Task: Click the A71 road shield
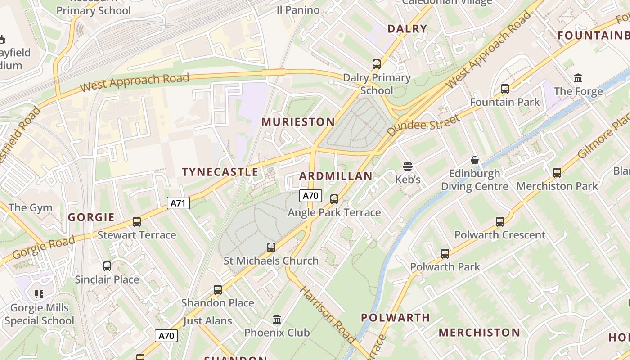pos(179,203)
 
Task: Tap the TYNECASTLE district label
pos(220,172)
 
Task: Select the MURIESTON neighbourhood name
pos(298,122)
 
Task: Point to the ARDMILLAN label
pos(336,176)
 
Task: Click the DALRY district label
pos(407,29)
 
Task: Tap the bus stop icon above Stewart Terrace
pos(137,222)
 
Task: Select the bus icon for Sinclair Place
pos(107,266)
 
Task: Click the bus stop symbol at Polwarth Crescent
pos(500,222)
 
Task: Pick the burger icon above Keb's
pos(408,166)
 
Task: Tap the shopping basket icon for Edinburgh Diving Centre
pos(474,160)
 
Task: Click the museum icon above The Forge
pos(578,78)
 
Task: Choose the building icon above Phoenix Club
pos(277,319)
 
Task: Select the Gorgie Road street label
pos(43,248)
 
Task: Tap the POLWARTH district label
pos(396,318)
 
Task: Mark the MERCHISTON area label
pos(479,333)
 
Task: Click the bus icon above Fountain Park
pos(505,89)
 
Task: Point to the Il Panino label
pos(298,10)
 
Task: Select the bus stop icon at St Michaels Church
pos(271,247)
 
